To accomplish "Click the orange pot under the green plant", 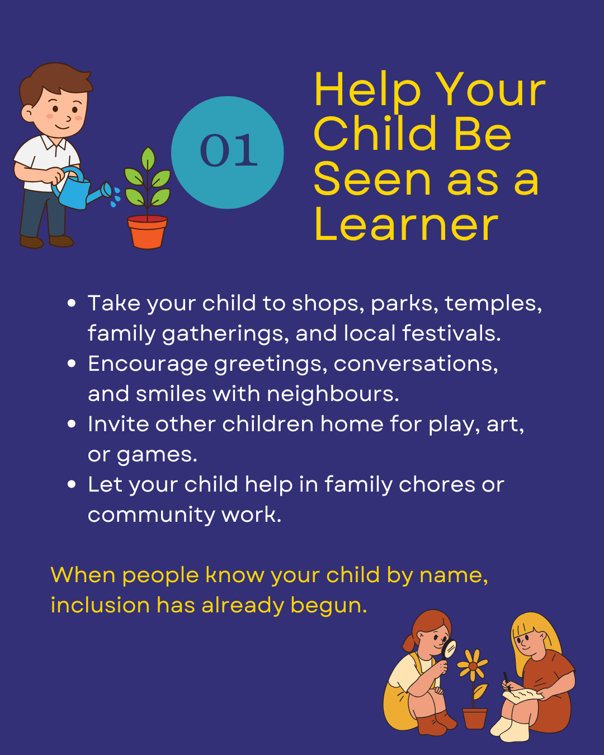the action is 148,232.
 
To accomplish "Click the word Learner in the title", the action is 407,224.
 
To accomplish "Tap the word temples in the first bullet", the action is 493,304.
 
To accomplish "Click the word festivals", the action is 451,333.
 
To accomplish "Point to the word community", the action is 151,516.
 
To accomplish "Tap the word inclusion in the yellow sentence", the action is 100,606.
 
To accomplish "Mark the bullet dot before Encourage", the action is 72,364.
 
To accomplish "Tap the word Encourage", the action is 148,365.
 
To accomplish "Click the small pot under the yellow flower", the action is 474,718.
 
